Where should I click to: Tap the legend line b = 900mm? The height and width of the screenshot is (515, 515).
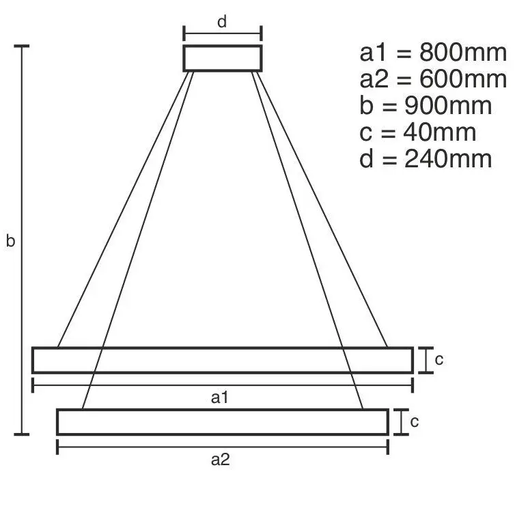point(425,107)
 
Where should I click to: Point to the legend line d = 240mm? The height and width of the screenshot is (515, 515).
point(425,159)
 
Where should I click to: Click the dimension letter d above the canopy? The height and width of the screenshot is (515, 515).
point(222,22)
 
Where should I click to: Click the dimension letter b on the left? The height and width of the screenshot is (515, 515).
point(10,241)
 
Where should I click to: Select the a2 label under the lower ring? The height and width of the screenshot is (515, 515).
point(219,460)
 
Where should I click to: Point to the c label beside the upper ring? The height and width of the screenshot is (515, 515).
point(439,360)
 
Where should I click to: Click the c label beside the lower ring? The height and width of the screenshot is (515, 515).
point(414,422)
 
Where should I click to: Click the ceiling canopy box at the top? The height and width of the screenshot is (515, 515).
point(223,58)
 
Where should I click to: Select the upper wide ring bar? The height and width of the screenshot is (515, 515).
point(223,360)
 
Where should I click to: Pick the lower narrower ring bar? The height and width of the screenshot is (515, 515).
point(223,422)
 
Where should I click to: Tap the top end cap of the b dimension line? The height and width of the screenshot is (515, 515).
point(23,46)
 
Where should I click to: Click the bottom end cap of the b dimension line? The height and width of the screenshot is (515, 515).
point(23,434)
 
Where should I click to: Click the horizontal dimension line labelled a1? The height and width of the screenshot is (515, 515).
point(137,386)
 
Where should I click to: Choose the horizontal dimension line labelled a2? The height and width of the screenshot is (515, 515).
point(137,447)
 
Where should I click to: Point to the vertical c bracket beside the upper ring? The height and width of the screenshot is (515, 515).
point(426,360)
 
